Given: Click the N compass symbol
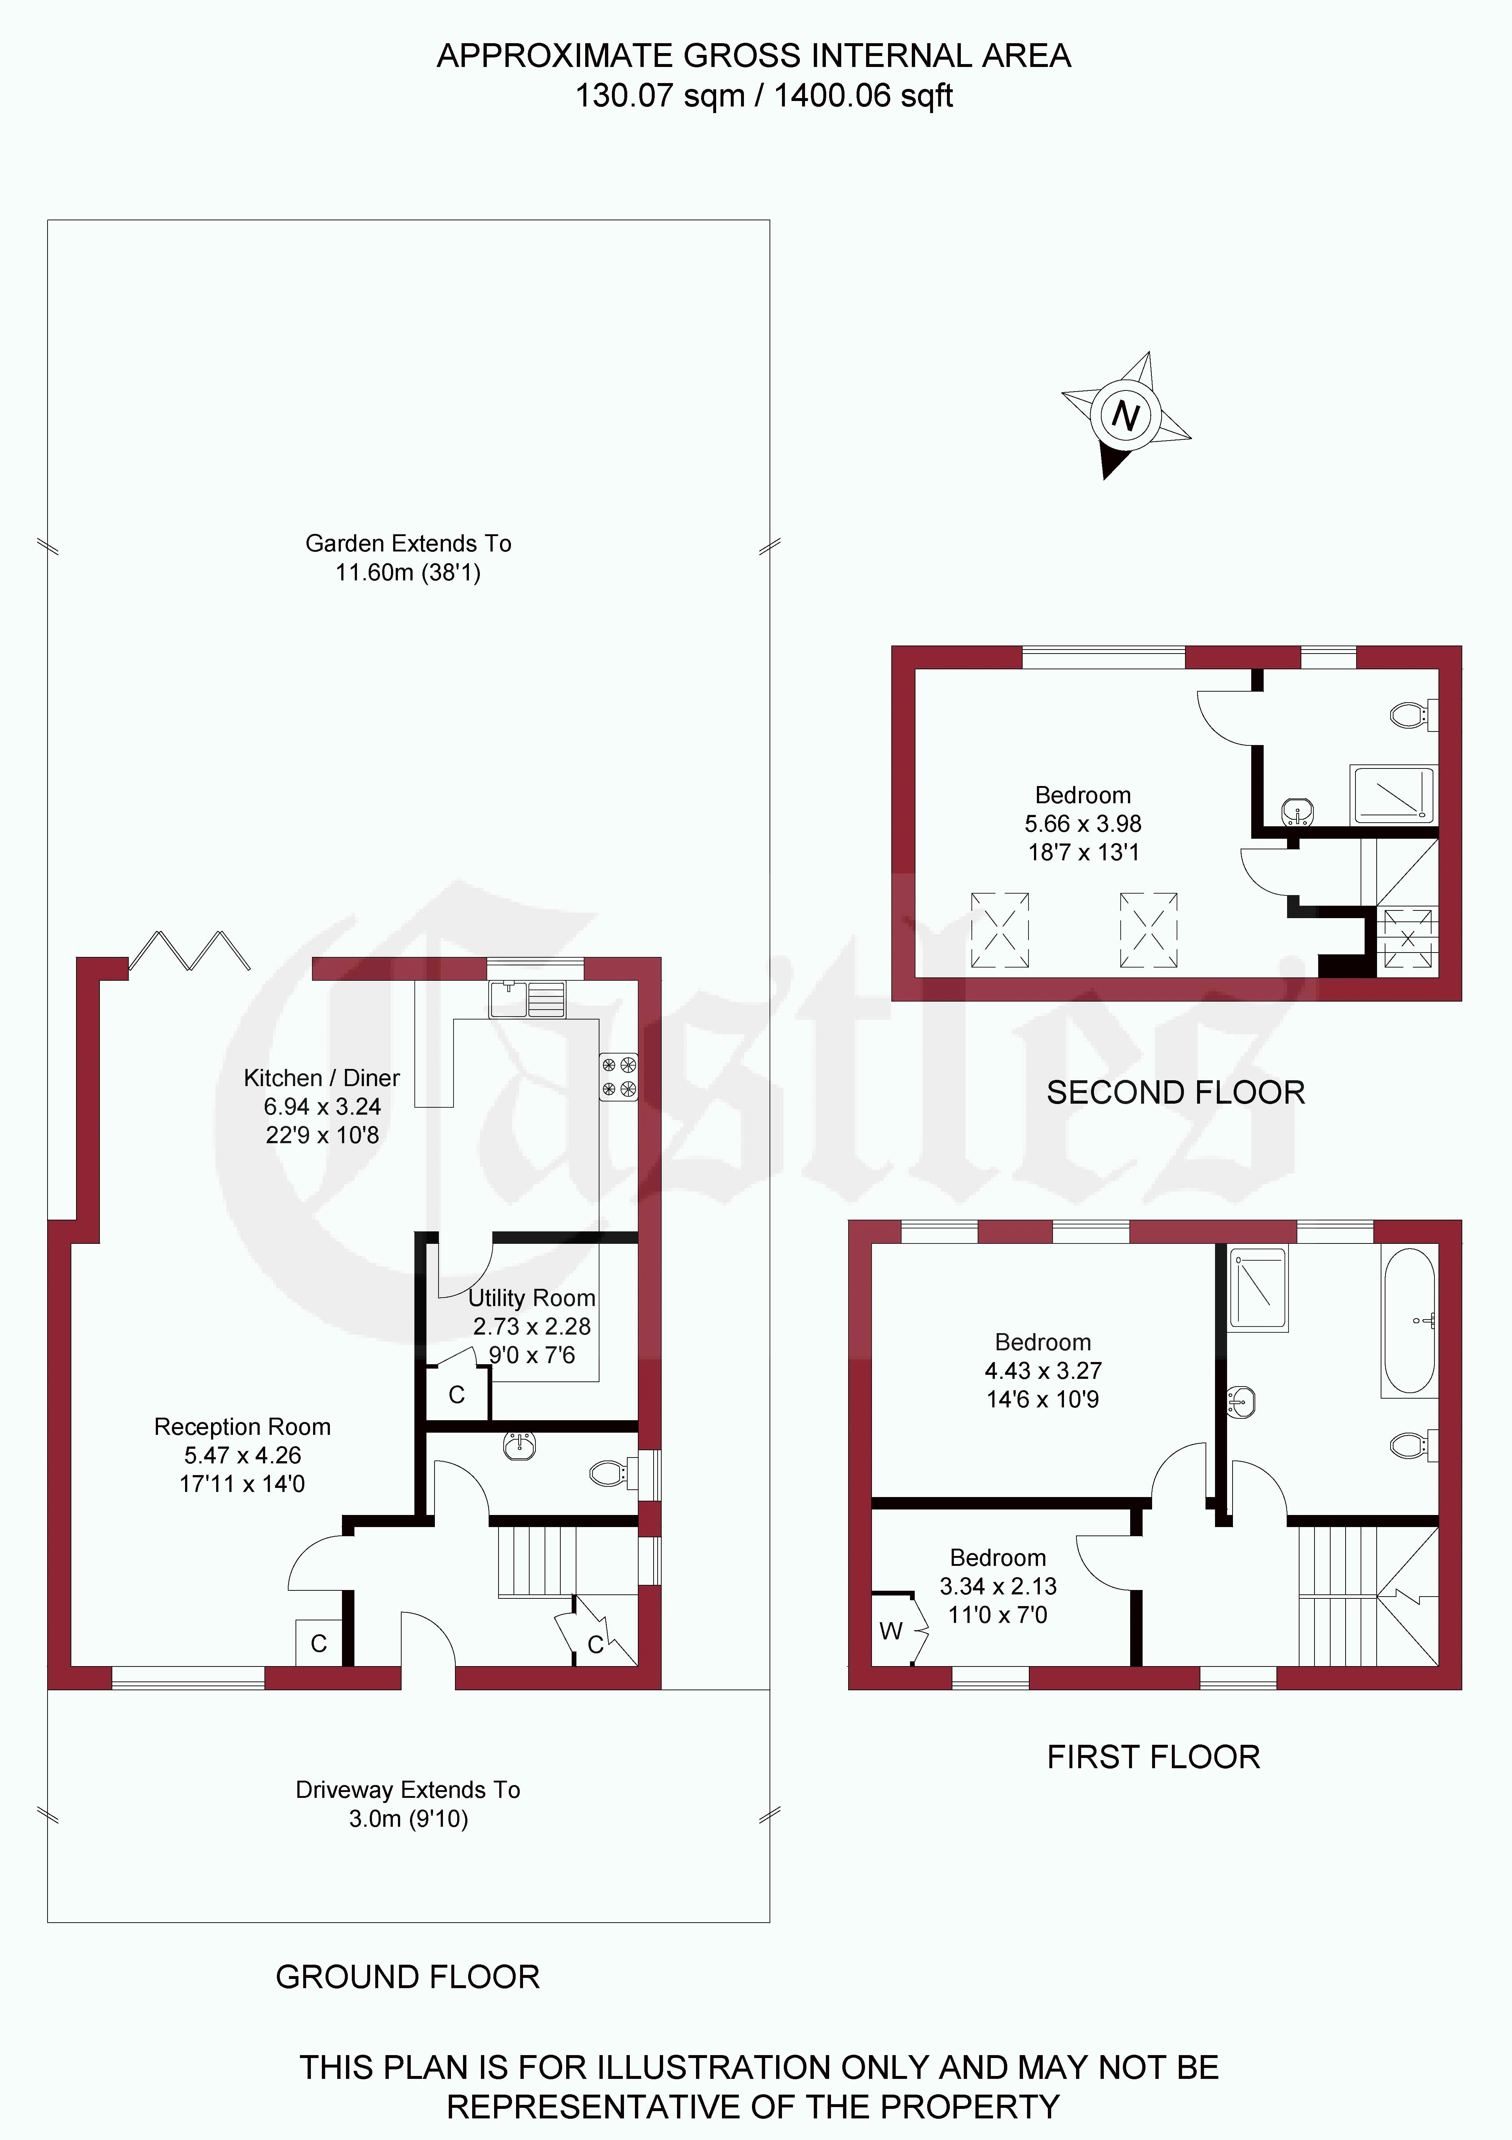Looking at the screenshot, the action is (1125, 415).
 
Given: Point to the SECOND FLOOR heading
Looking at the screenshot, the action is (1176, 1092).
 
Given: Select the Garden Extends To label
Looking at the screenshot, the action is (408, 543).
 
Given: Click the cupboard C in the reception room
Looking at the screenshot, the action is (319, 1643).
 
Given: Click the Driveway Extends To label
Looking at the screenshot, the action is (408, 1789).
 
